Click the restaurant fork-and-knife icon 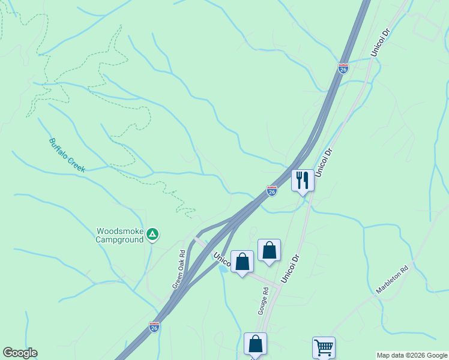pos(303,180)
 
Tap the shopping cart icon pos(324,347)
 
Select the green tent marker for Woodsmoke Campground pos(153,234)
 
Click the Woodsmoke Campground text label pos(120,235)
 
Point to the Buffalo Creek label pos(67,155)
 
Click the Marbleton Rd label pos(392,280)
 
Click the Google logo pos(20,353)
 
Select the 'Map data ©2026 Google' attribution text pos(412,355)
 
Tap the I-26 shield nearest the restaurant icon pos(272,191)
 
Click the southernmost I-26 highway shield pos(154,327)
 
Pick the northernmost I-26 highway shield pos(343,68)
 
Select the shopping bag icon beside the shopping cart pos(255,343)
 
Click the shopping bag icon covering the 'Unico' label pos(242,262)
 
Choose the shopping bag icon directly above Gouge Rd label pos(269,250)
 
